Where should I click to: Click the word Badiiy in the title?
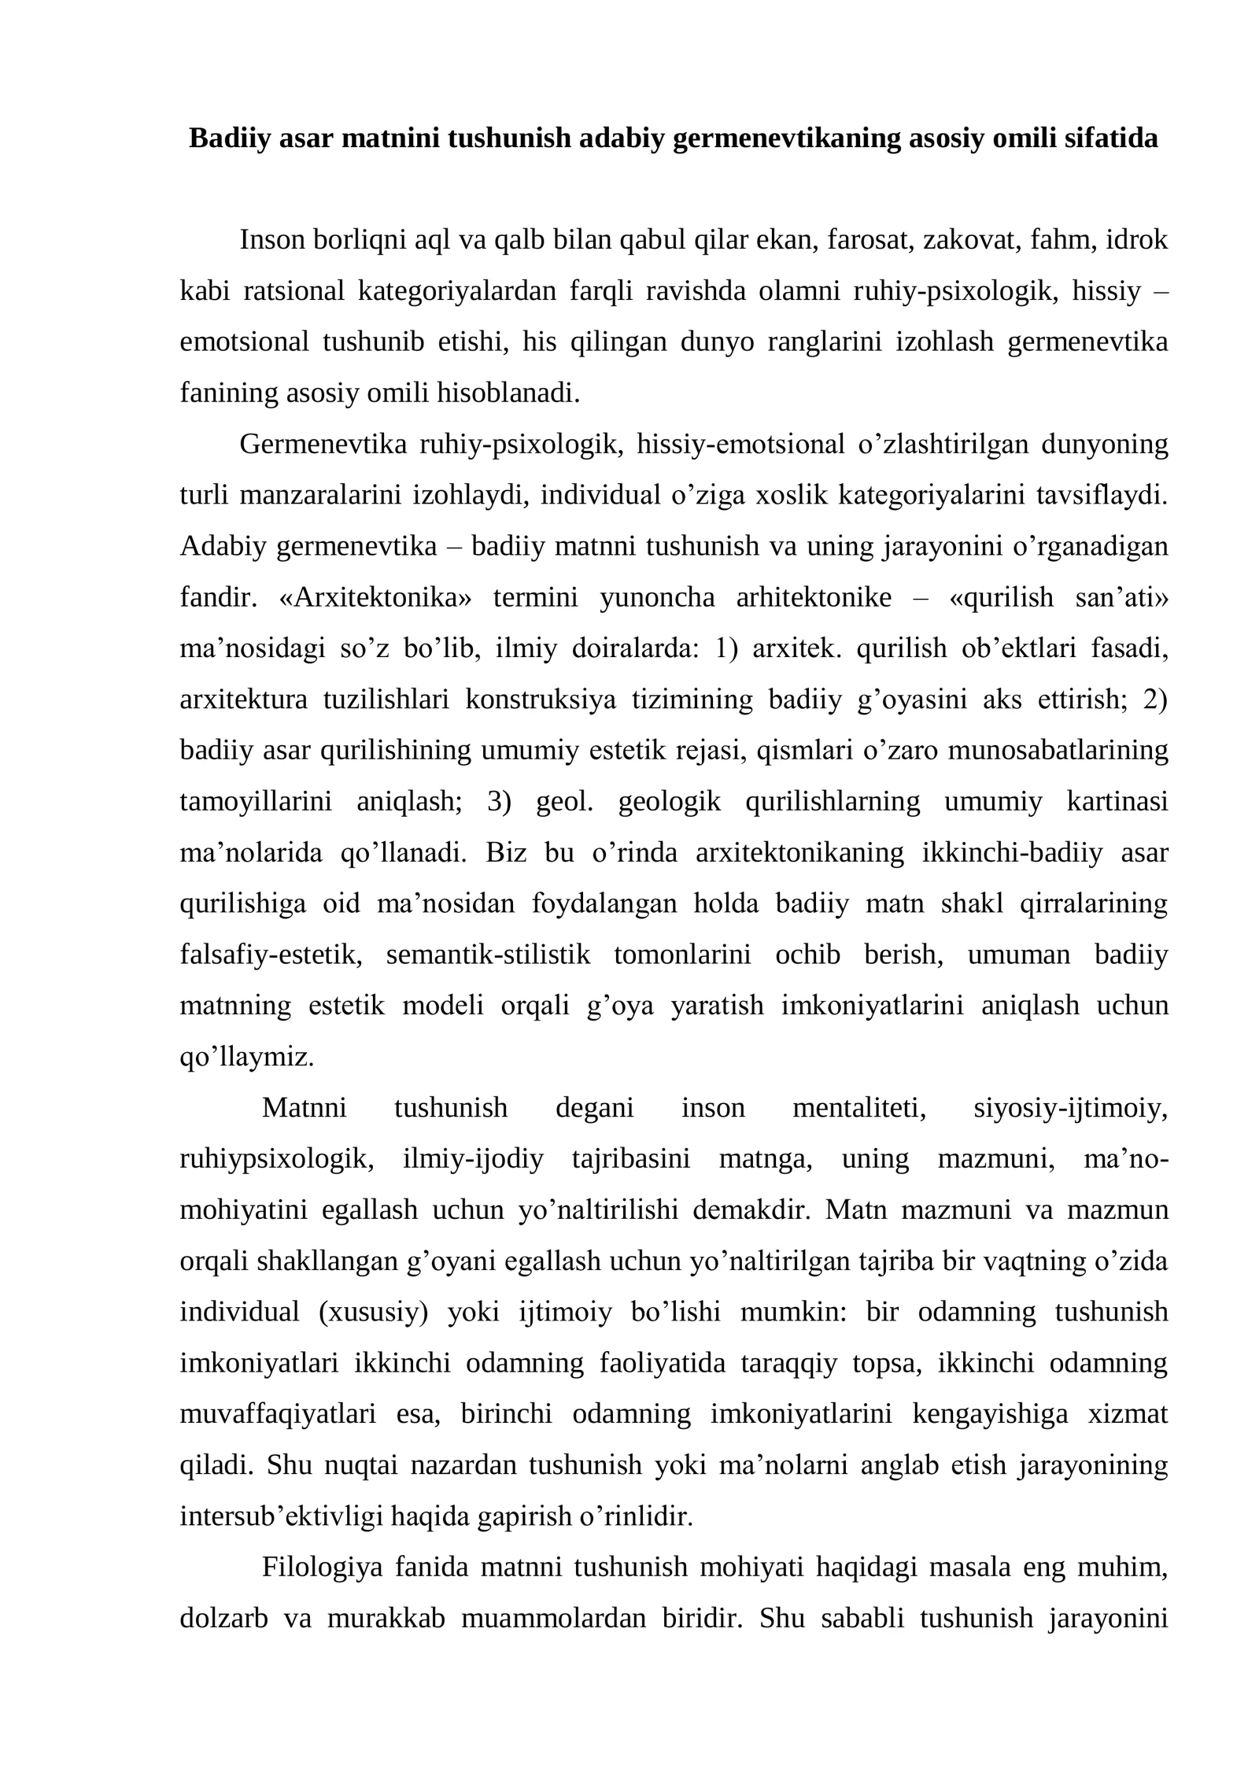[x=227, y=138]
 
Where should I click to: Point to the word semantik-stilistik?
[x=488, y=955]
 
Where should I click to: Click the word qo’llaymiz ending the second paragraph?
[x=247, y=1057]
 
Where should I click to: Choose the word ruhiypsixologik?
[x=276, y=1159]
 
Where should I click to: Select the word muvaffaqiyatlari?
[x=278, y=1414]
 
